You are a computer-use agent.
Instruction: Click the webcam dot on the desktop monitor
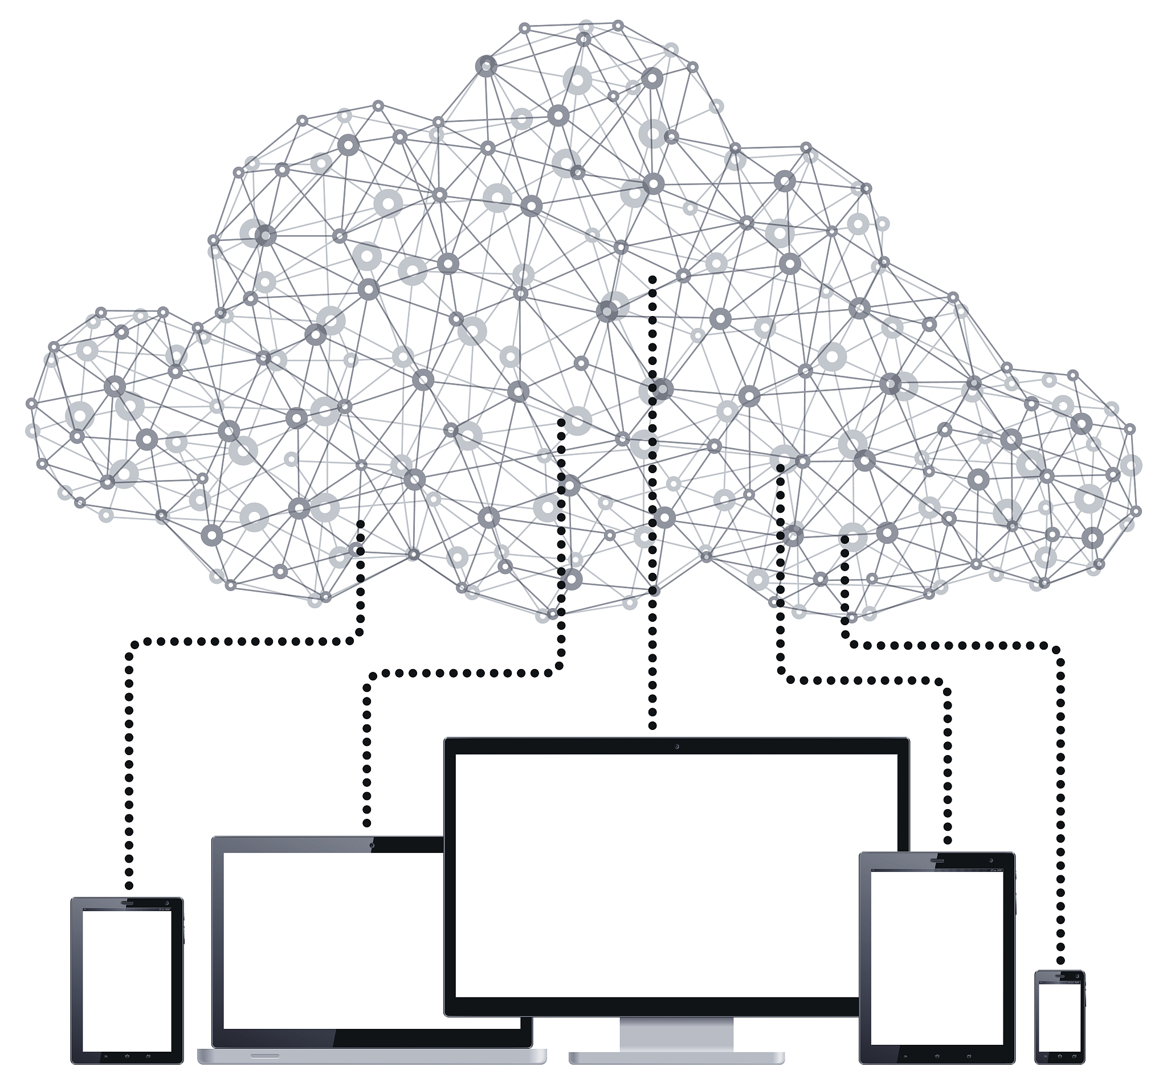pos(677,746)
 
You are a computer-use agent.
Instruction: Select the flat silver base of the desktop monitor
pos(676,1057)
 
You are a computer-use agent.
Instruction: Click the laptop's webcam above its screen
pos(372,846)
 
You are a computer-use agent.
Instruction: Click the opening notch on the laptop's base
pos(266,1055)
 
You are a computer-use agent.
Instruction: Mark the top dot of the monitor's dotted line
pos(652,279)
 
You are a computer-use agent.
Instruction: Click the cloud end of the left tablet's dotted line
pos(361,524)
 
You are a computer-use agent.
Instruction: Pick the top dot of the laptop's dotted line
pos(561,423)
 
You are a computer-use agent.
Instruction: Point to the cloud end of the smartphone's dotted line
pos(844,539)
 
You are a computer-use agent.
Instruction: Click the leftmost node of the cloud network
pos(31,404)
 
